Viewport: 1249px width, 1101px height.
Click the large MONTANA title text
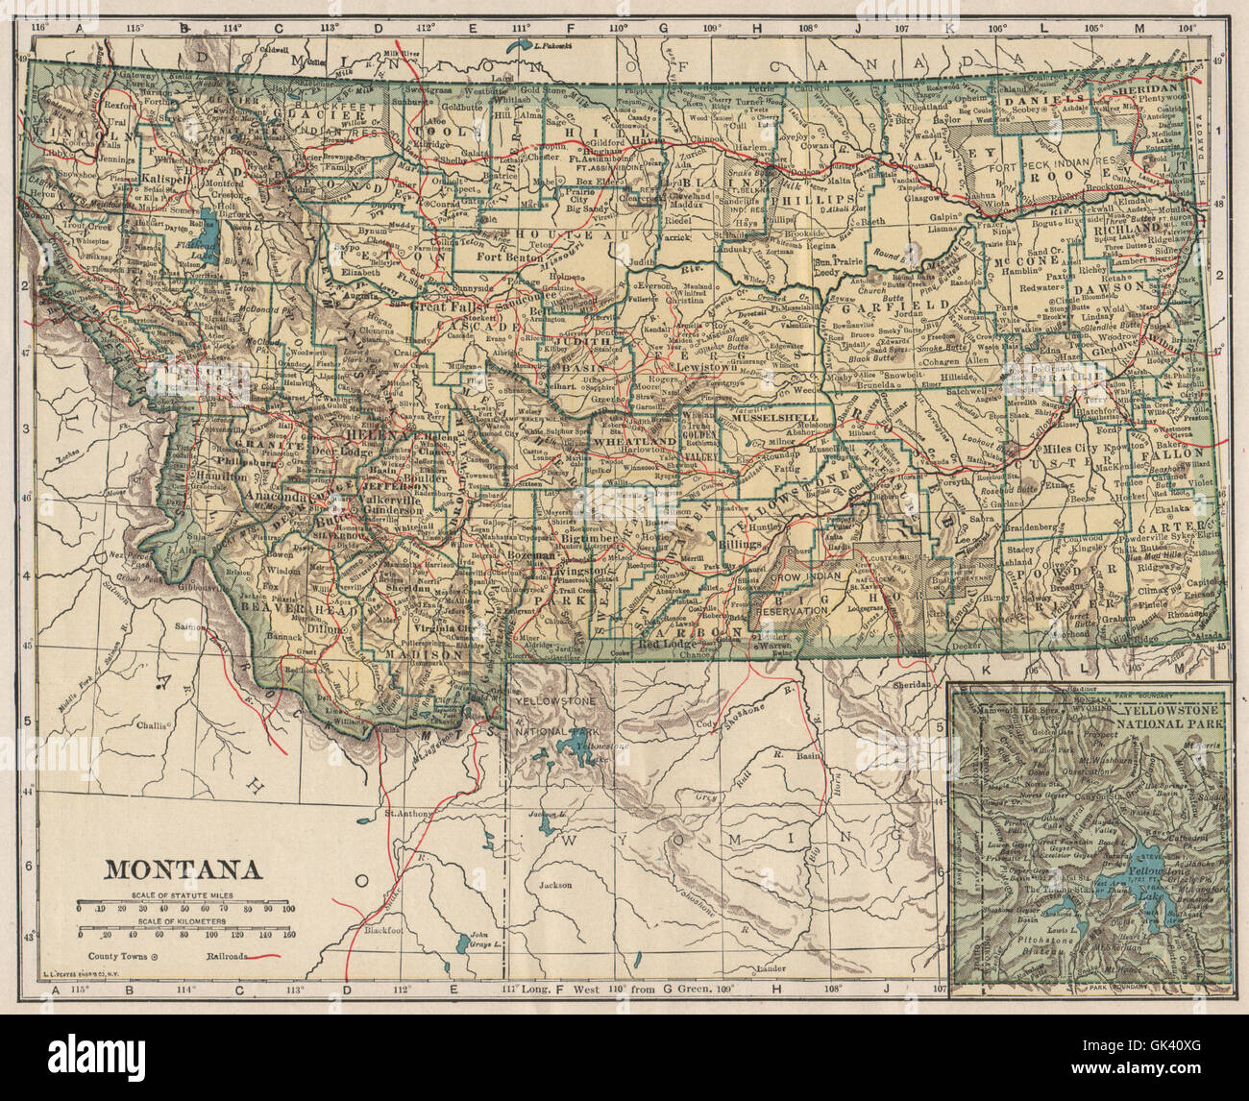(183, 869)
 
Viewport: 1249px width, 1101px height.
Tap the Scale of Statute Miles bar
(187, 906)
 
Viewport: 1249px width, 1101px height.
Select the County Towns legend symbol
(156, 957)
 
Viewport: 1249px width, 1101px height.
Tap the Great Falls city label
(445, 306)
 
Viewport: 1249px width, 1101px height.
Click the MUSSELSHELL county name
(774, 419)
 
